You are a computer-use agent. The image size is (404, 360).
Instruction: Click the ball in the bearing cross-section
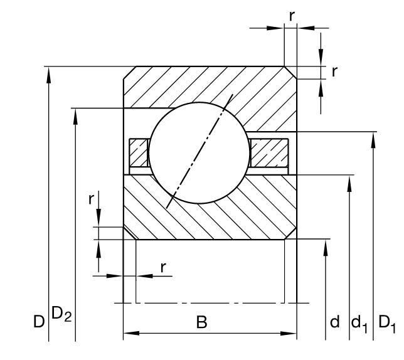click(x=199, y=153)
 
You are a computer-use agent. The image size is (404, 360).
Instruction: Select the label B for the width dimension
click(x=202, y=322)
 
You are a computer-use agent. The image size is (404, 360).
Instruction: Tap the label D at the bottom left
click(x=39, y=322)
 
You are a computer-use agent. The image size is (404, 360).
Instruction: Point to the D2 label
click(x=61, y=314)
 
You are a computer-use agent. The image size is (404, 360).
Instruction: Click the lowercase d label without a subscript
click(x=335, y=321)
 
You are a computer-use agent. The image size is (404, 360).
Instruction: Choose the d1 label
click(x=359, y=324)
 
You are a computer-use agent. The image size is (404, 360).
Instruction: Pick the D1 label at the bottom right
click(x=386, y=324)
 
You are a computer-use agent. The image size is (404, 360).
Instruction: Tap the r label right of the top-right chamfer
click(x=334, y=72)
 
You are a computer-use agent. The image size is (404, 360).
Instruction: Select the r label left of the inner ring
click(x=91, y=199)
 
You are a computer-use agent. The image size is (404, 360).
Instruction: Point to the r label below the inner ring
click(x=163, y=268)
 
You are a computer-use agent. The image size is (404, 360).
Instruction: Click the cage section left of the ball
click(x=139, y=152)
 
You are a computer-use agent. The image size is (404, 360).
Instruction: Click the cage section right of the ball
click(x=269, y=152)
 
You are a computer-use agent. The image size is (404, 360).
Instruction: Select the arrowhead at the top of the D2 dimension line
click(x=75, y=117)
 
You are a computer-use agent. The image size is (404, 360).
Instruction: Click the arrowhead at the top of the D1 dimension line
click(x=373, y=140)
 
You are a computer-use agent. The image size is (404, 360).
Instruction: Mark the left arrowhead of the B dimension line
click(x=131, y=333)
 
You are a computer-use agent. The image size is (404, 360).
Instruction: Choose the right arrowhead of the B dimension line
click(x=289, y=333)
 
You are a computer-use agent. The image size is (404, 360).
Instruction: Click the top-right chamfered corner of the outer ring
click(x=290, y=73)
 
